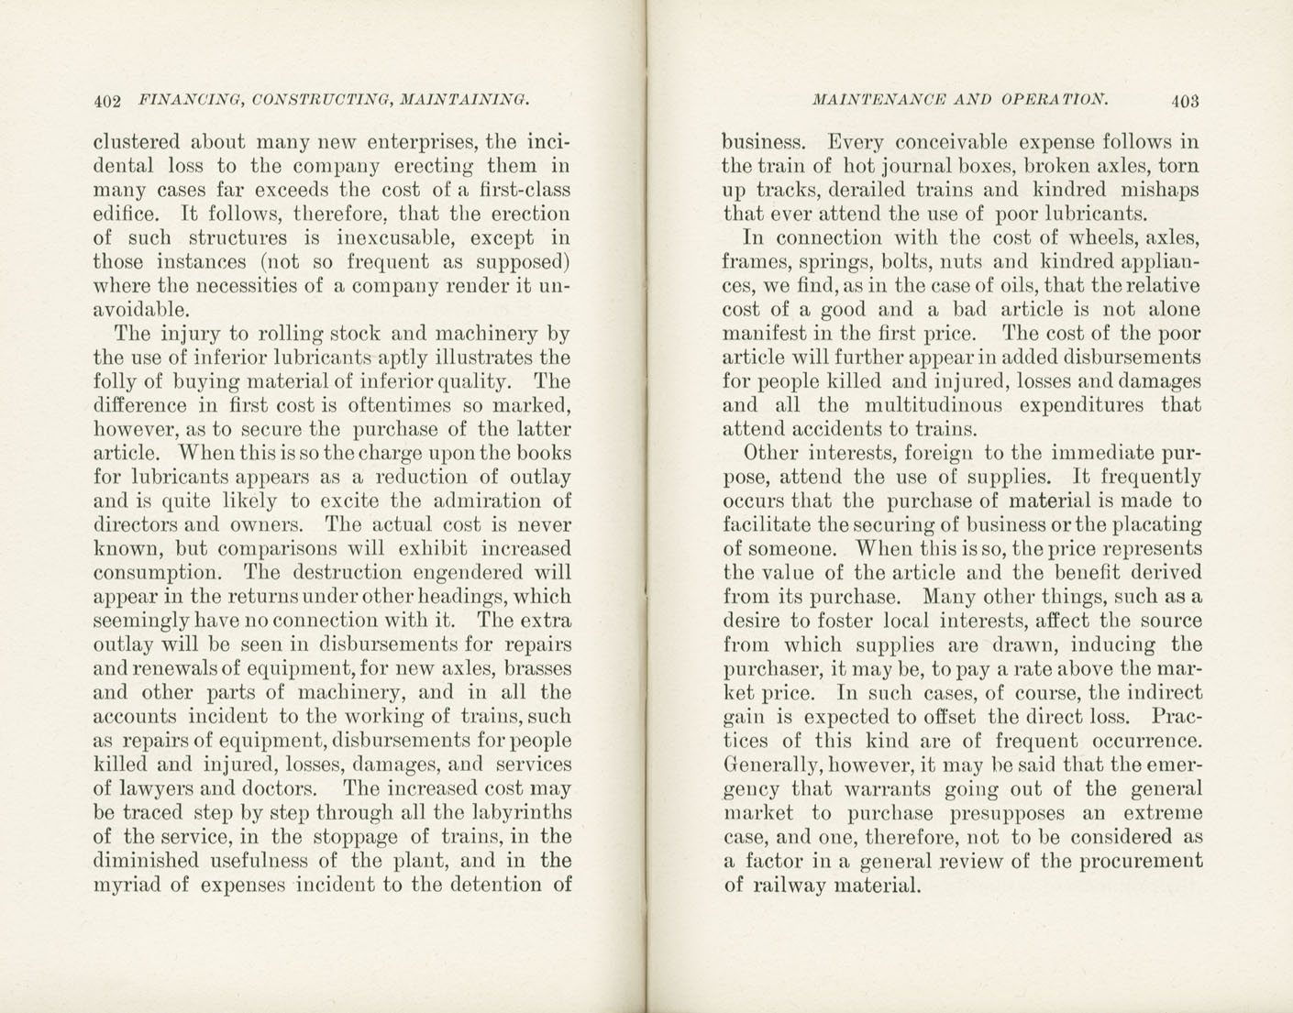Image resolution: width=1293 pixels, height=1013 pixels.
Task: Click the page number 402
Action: click(x=108, y=100)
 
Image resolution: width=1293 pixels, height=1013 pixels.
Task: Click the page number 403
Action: click(x=1184, y=100)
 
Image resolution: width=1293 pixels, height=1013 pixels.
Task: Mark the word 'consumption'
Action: click(x=157, y=573)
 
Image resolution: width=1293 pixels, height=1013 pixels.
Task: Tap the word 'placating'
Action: click(x=1152, y=525)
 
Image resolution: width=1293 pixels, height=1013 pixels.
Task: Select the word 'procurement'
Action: click(x=1140, y=861)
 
